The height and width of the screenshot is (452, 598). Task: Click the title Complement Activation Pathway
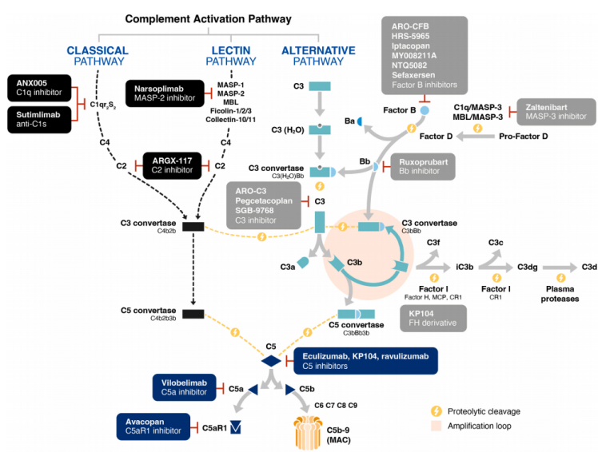click(x=208, y=18)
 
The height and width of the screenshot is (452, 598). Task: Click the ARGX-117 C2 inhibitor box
click(x=170, y=165)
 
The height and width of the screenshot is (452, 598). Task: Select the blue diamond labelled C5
click(x=271, y=361)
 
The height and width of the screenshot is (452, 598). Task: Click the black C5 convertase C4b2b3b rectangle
click(x=193, y=314)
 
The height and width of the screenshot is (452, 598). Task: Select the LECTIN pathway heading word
click(x=231, y=50)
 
